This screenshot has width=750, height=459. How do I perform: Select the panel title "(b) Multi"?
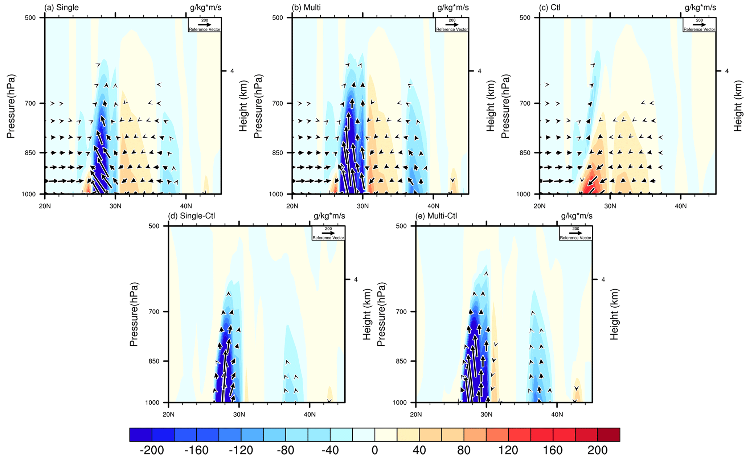pyautogui.click(x=306, y=8)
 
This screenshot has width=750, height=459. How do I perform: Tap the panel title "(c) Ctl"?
pyautogui.click(x=550, y=8)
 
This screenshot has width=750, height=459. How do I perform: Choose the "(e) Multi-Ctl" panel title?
pyautogui.click(x=436, y=216)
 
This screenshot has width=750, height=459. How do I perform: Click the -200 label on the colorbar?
pyautogui.click(x=152, y=450)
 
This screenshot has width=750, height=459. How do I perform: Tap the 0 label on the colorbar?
pyautogui.click(x=375, y=450)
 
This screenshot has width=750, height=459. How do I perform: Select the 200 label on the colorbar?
pyautogui.click(x=597, y=450)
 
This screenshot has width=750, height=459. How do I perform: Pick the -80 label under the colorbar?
pyautogui.click(x=285, y=450)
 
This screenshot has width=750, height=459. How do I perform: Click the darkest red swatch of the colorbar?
pyautogui.click(x=608, y=435)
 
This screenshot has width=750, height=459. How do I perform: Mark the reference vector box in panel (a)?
pyautogui.click(x=205, y=25)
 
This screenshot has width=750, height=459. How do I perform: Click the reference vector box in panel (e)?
pyautogui.click(x=575, y=233)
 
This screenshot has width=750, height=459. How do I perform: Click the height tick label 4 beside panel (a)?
pyautogui.click(x=232, y=71)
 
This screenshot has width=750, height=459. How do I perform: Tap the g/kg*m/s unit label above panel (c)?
pyautogui.click(x=700, y=8)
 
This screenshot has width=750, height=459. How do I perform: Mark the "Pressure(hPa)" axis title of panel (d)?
pyautogui.click(x=134, y=314)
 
